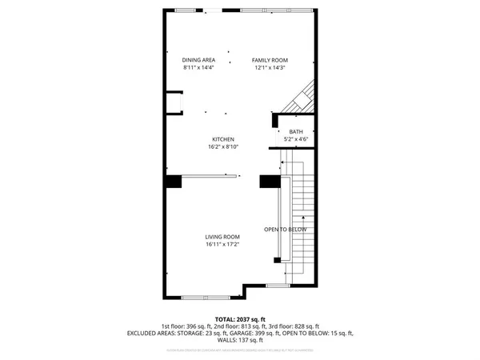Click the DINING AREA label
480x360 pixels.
click(x=199, y=60)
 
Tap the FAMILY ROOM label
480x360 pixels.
click(x=270, y=60)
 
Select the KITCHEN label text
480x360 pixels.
click(x=222, y=139)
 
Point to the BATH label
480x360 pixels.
click(x=296, y=132)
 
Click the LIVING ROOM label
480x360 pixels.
click(x=222, y=237)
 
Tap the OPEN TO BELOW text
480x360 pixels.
click(x=286, y=230)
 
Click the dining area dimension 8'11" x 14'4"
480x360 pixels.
click(x=199, y=68)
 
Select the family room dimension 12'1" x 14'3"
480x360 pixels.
click(x=270, y=68)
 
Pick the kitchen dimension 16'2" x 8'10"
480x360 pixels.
click(x=222, y=147)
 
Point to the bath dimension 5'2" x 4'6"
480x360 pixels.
click(x=296, y=140)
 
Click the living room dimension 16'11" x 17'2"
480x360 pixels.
click(x=222, y=245)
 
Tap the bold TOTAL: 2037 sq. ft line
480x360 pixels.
click(x=240, y=319)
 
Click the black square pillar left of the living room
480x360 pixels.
click(x=172, y=182)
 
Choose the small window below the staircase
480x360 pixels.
click(x=277, y=286)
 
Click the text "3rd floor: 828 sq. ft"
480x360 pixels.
click(x=295, y=326)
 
